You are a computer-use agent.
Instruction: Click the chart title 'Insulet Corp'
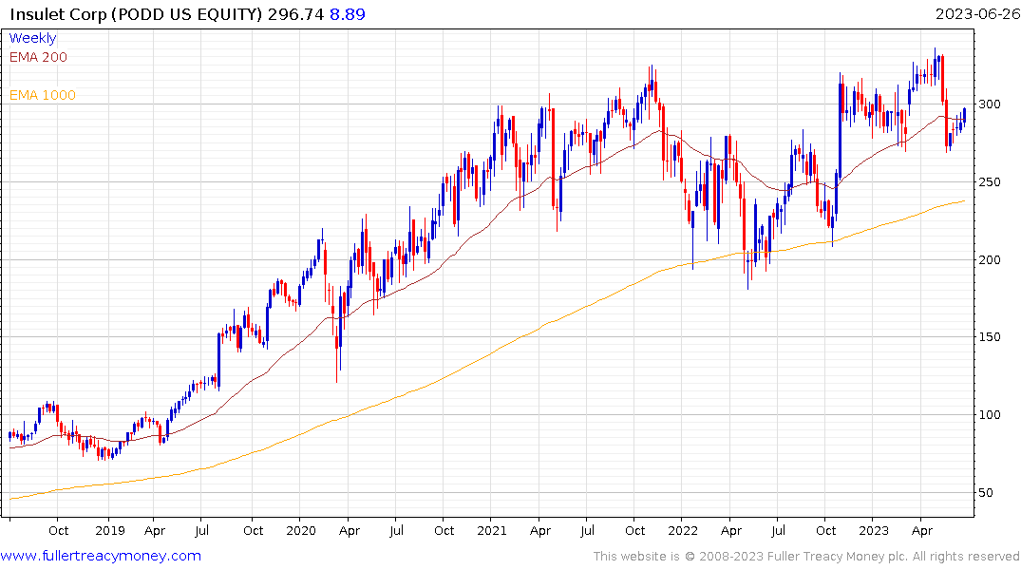coord(56,14)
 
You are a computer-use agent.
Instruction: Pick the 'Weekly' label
coord(32,38)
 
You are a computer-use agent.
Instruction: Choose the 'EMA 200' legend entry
coord(38,57)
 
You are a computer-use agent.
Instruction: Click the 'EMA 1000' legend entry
coord(42,95)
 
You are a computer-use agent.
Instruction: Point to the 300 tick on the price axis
coord(992,104)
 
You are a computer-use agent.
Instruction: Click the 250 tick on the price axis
coord(992,182)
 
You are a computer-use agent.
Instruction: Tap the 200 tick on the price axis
coord(992,260)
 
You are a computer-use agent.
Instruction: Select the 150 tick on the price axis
coord(992,338)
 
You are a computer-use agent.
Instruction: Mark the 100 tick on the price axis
coord(992,415)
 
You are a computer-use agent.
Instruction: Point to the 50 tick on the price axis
coord(988,493)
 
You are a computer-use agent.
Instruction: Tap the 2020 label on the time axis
coord(300,531)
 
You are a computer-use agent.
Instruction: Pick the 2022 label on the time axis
coord(684,531)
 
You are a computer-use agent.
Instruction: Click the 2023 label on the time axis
coord(875,531)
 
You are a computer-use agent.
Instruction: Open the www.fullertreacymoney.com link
coord(101,556)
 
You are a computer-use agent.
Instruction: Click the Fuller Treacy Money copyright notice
coord(806,557)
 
